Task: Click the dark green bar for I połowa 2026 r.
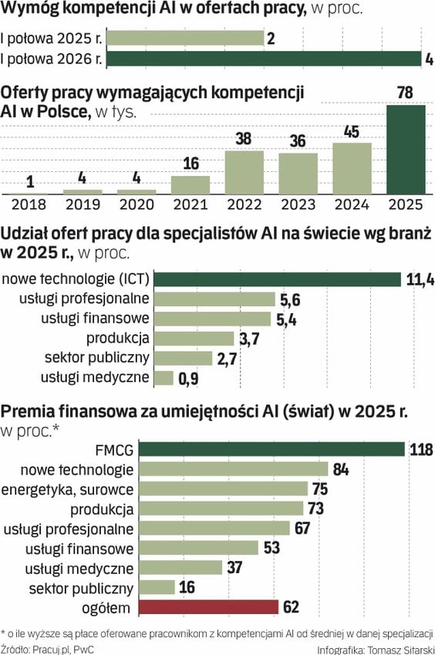point(265,59)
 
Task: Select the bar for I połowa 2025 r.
point(185,38)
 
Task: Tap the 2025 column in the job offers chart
point(406,150)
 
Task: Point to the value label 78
point(406,93)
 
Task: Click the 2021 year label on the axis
point(191,204)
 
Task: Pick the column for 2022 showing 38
point(244,172)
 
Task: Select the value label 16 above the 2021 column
point(191,164)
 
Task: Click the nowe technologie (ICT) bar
point(277,279)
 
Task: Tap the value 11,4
point(420,279)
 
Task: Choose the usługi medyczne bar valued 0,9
point(164,377)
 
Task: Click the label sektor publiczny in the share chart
point(97,357)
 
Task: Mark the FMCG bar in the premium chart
point(271,449)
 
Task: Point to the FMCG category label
point(114,450)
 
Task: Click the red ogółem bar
point(208,607)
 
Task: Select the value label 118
point(421,450)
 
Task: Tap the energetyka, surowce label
point(67,489)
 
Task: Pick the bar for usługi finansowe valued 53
point(199,548)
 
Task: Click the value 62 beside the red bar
point(291,607)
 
